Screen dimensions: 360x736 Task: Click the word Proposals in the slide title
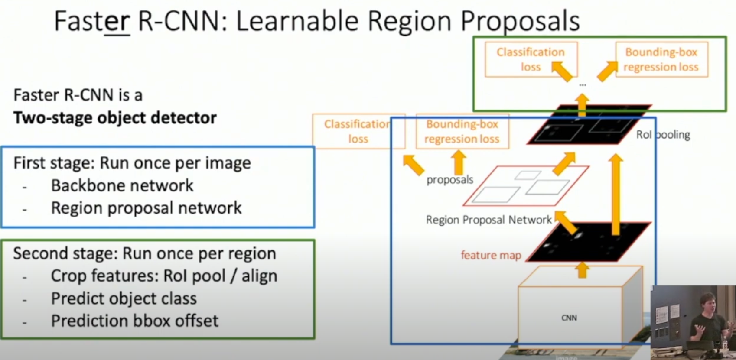[520, 22]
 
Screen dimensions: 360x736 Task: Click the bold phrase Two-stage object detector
[115, 118]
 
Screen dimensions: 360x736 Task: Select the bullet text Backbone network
[122, 185]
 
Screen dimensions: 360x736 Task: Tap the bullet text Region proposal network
[146, 208]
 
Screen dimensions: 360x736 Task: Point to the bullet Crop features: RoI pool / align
[164, 276]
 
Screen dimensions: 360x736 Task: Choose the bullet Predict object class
[124, 298]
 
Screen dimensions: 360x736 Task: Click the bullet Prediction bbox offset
[134, 321]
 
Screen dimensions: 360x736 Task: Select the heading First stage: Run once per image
[132, 163]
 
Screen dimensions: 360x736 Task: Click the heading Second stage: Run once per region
[144, 253]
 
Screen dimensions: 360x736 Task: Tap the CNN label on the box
[569, 318]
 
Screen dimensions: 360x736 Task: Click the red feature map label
[491, 255]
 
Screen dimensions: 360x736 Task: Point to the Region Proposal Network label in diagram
[488, 220]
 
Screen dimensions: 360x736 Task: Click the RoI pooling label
[663, 135]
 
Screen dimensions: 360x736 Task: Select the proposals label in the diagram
[449, 180]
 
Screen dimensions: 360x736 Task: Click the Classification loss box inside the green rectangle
[531, 59]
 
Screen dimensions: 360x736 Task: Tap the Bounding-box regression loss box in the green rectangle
[661, 59]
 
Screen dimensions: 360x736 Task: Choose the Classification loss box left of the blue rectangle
[358, 131]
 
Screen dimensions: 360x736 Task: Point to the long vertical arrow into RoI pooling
[616, 195]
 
